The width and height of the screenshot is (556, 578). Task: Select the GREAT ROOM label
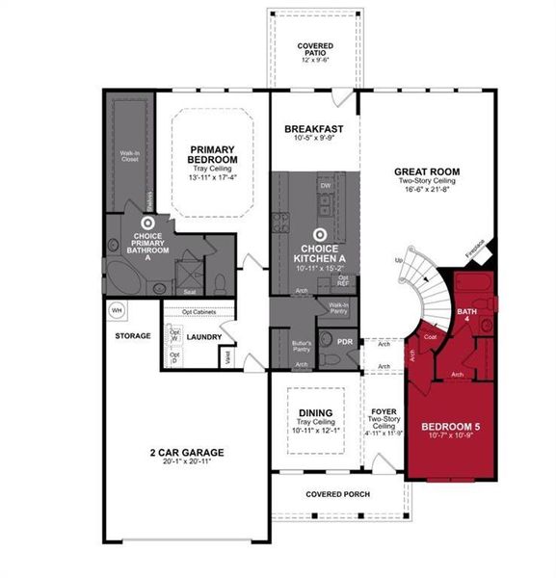(x=426, y=172)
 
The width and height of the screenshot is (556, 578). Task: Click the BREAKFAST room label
(x=313, y=128)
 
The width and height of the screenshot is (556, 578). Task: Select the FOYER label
(x=384, y=412)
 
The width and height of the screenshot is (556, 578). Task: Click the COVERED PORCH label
(x=337, y=494)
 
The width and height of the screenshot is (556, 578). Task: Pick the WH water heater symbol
(x=117, y=311)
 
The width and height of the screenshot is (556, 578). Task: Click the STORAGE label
(x=132, y=336)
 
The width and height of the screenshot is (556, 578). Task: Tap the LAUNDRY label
(x=204, y=337)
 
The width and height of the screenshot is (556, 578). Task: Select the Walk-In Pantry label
(x=337, y=307)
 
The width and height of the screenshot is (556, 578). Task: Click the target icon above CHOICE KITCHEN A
(x=320, y=233)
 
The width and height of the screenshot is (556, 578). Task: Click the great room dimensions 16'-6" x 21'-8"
(x=426, y=192)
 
